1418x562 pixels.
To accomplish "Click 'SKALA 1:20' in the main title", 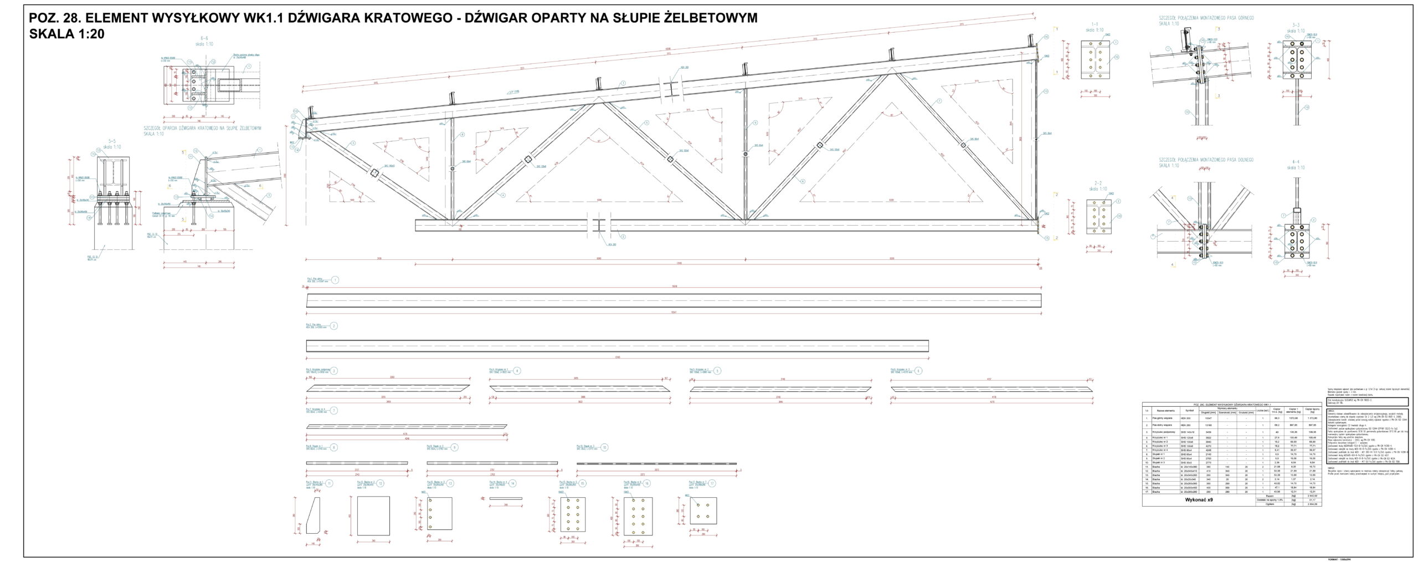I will click(x=67, y=34).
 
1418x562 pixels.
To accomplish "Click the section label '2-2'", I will click(x=1097, y=183).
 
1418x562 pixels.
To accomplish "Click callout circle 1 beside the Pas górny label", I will click(x=335, y=280).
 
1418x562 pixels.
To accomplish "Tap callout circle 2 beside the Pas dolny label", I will click(x=334, y=326).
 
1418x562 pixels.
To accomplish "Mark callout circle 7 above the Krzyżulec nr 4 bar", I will click(x=334, y=411).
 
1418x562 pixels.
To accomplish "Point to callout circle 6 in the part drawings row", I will click(x=918, y=371).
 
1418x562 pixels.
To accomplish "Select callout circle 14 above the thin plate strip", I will click(x=513, y=483).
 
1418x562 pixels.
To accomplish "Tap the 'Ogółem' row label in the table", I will click(x=1273, y=504).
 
